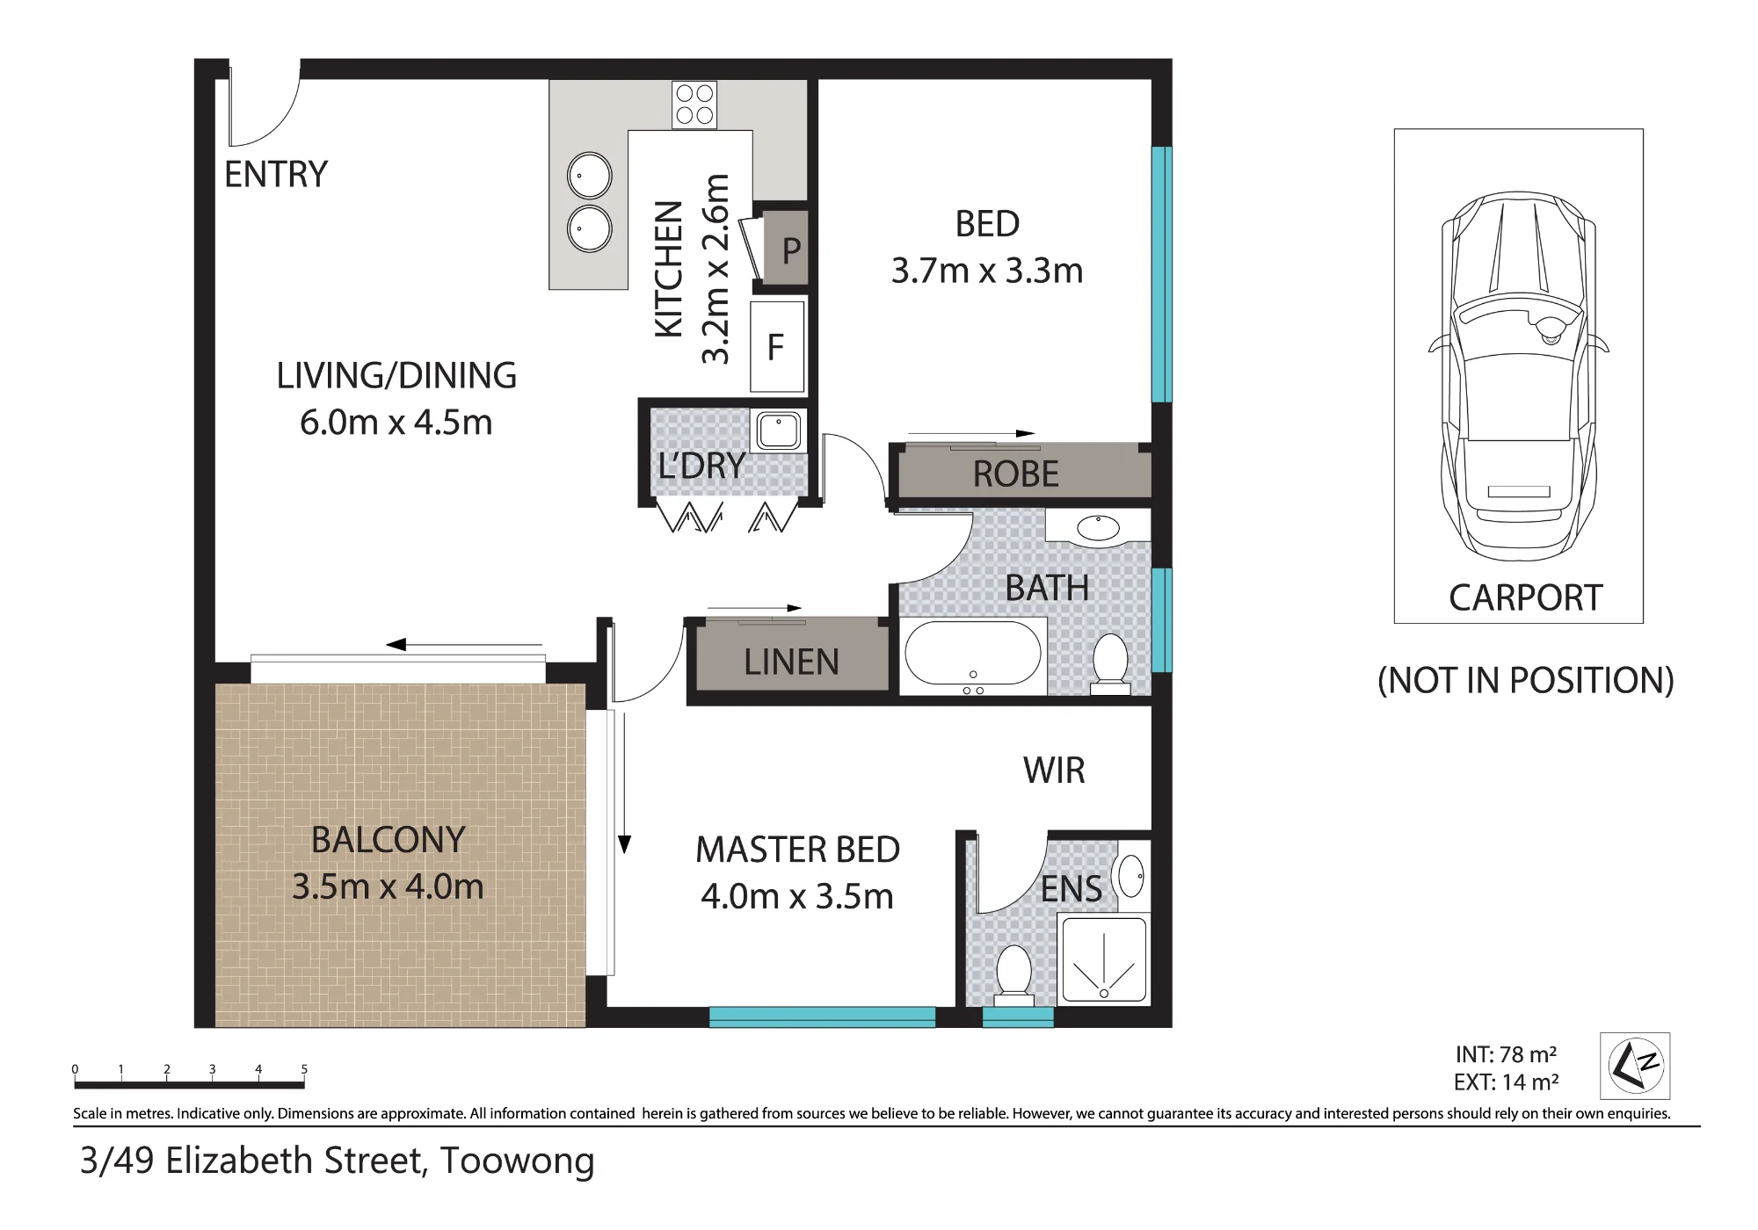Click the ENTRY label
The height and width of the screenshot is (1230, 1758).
[276, 174]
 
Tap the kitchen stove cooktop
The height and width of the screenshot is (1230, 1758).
[694, 105]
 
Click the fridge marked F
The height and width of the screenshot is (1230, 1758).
[777, 347]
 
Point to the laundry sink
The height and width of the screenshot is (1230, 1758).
[779, 430]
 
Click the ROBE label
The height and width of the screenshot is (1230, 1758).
[1016, 474]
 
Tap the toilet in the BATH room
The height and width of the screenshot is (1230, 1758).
[1111, 664]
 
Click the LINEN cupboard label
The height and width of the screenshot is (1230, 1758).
[791, 662]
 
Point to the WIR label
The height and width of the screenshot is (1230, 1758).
[1054, 771]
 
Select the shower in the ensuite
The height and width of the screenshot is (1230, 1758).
[1104, 959]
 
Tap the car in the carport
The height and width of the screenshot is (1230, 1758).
[1519, 376]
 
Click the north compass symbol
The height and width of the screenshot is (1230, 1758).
[1635, 1066]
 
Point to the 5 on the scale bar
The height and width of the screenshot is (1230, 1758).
[304, 1069]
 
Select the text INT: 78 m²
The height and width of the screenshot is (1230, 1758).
[1506, 1054]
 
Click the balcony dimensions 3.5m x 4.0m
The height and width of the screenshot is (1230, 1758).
[388, 886]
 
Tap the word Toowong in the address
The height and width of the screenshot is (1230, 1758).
[517, 1161]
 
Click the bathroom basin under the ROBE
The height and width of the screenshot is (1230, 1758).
[1098, 528]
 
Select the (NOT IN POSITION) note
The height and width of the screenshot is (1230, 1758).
[1525, 681]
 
